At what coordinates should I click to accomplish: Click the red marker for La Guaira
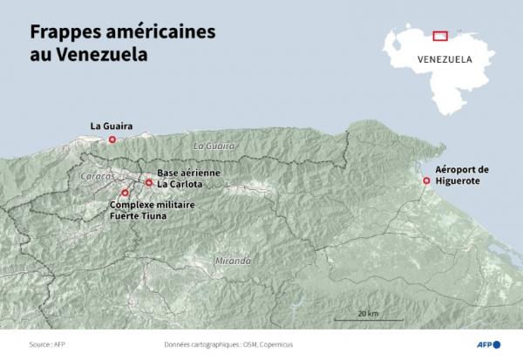tap(112, 139)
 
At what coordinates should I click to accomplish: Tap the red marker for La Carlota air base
tap(149, 182)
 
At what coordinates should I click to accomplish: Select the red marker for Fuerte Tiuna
tap(126, 193)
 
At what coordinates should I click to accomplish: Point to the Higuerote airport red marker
tap(425, 180)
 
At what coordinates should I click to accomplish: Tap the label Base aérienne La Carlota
tap(188, 179)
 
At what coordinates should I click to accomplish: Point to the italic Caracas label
tap(96, 176)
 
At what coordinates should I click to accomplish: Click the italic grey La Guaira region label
tap(214, 146)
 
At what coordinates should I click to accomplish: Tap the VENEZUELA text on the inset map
tap(445, 60)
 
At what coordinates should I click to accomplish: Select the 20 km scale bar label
tap(367, 313)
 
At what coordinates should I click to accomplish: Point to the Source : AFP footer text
tap(47, 345)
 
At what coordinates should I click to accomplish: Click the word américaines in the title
tap(162, 32)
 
